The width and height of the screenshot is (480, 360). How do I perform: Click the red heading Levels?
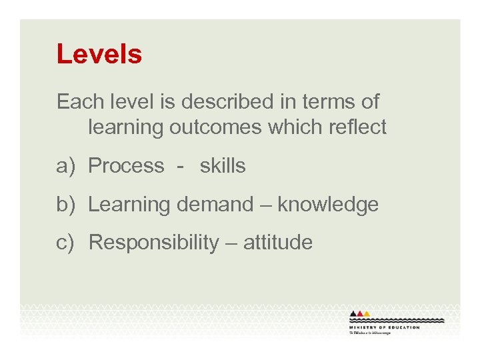click(99, 54)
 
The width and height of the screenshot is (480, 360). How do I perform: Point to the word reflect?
click(353, 127)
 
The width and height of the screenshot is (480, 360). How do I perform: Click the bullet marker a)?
click(68, 166)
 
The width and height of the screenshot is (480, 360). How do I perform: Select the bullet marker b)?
click(68, 205)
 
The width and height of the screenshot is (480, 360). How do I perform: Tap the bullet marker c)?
click(68, 243)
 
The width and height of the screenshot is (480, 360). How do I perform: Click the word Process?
click(126, 166)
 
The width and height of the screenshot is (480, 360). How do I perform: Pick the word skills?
click(223, 166)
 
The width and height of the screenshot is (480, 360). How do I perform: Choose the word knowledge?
click(328, 205)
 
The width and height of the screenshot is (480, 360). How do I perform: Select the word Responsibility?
click(153, 243)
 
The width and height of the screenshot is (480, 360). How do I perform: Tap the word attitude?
click(277, 243)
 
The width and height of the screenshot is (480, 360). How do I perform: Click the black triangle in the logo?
click(354, 313)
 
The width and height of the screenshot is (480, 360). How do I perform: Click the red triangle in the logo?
click(361, 313)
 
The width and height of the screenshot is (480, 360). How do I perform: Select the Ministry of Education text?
click(385, 327)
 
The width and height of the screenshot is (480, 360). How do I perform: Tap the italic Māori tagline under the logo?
click(371, 333)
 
